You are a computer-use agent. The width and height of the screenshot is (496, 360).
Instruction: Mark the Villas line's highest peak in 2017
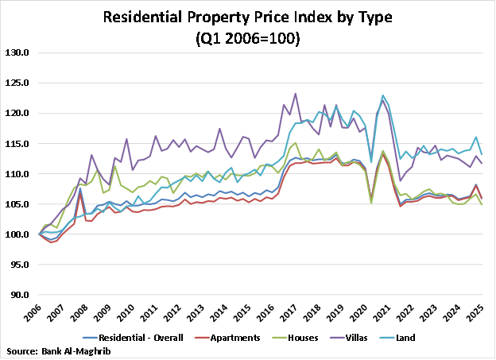click(x=296, y=94)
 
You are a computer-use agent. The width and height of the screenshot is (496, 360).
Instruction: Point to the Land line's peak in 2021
click(x=383, y=95)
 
